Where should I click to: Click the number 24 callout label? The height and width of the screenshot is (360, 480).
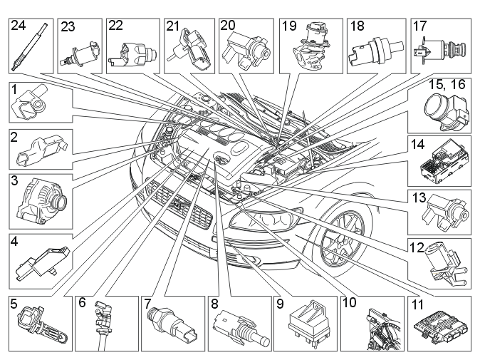pyautogui.click(x=19, y=26)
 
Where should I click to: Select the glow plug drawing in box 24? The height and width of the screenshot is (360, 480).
pyautogui.click(x=30, y=48)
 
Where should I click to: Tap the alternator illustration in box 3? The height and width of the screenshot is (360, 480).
pyautogui.click(x=42, y=201)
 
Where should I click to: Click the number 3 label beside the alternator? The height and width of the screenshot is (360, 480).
pyautogui.click(x=14, y=180)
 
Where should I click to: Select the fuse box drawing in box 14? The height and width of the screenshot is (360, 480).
pyautogui.click(x=443, y=163)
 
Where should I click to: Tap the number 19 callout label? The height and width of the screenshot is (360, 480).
pyautogui.click(x=289, y=26)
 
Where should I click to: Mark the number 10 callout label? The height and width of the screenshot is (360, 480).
pyautogui.click(x=349, y=303)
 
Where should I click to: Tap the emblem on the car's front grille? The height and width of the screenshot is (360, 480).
pyautogui.click(x=177, y=204)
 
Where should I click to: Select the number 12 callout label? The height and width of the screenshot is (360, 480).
pyautogui.click(x=417, y=247)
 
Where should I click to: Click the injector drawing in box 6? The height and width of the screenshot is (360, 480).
pyautogui.click(x=102, y=325)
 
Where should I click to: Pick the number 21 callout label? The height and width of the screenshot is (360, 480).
pyautogui.click(x=172, y=26)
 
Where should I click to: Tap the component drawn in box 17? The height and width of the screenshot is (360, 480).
pyautogui.click(x=439, y=51)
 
